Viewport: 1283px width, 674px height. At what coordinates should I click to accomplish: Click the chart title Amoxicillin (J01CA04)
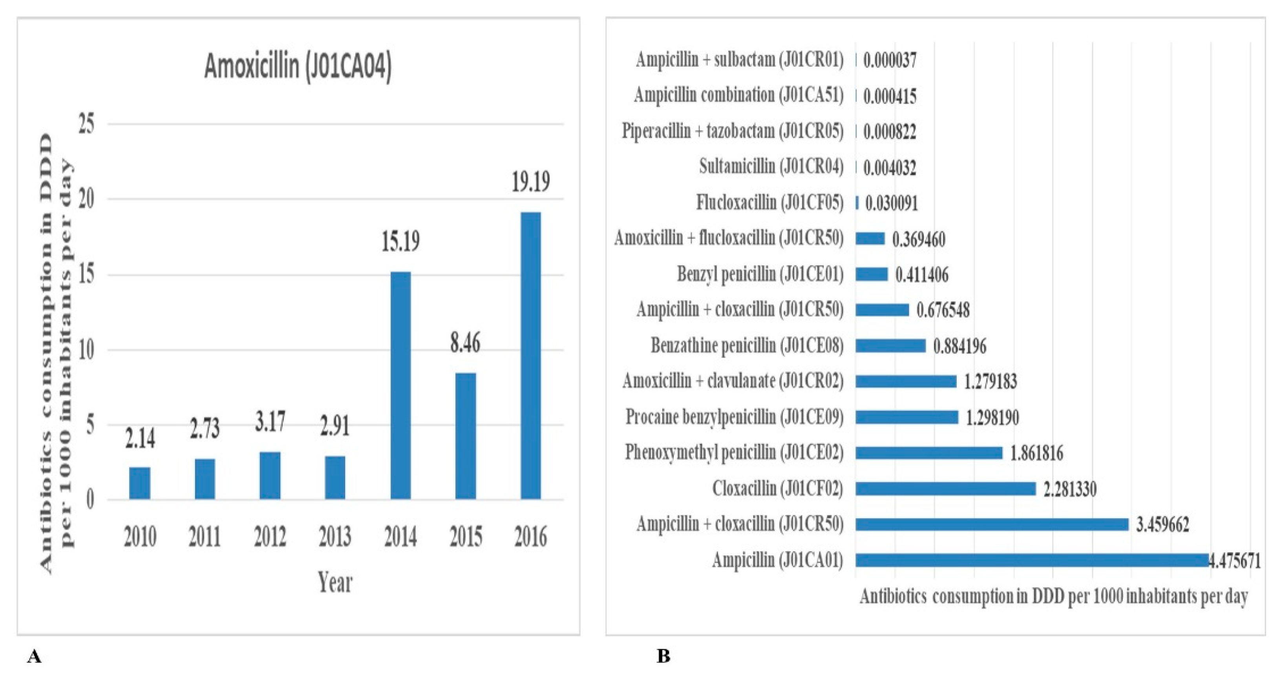[x=298, y=66]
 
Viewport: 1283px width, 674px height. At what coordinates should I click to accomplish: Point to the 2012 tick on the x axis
[x=270, y=537]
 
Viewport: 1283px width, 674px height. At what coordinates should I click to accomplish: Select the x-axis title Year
[x=335, y=582]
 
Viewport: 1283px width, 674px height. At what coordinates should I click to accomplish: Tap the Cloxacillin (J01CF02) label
[x=777, y=489]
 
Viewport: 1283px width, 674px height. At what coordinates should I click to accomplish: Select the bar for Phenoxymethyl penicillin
[x=929, y=453]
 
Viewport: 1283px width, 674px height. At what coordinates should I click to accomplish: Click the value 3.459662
[x=1162, y=524]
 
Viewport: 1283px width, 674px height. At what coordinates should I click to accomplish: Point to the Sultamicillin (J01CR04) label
[x=771, y=166]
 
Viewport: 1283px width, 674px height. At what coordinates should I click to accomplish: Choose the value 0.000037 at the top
[x=890, y=60]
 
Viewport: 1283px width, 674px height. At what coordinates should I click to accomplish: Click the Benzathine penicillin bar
[x=890, y=346]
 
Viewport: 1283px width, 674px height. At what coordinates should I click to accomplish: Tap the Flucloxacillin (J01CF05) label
[x=769, y=202]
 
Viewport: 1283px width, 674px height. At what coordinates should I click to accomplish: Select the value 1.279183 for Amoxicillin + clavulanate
[x=990, y=382]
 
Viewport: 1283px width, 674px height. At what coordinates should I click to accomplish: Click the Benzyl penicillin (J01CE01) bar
[x=872, y=274]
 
